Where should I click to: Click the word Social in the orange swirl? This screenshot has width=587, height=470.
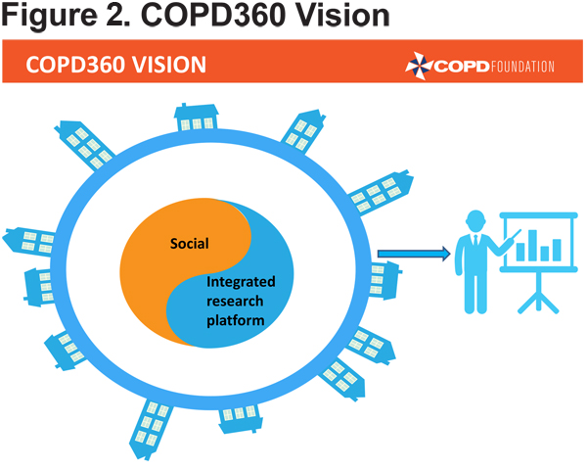click(190, 244)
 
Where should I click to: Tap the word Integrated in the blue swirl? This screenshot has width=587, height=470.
click(241, 282)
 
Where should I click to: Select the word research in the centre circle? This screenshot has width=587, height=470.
click(235, 302)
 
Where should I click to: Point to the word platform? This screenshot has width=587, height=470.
click(236, 321)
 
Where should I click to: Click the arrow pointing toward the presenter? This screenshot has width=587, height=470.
click(414, 254)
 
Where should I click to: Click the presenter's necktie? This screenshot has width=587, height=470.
click(475, 241)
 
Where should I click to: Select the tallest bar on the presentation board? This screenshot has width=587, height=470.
click(532, 246)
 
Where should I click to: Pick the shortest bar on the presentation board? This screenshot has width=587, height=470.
click(545, 254)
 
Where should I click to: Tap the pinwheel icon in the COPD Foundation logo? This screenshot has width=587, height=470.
click(419, 66)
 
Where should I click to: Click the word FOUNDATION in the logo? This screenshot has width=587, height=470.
click(522, 67)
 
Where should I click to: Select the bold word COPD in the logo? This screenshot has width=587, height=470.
click(462, 67)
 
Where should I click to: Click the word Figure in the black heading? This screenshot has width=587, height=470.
click(50, 16)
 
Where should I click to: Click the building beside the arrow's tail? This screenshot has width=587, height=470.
click(384, 280)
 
